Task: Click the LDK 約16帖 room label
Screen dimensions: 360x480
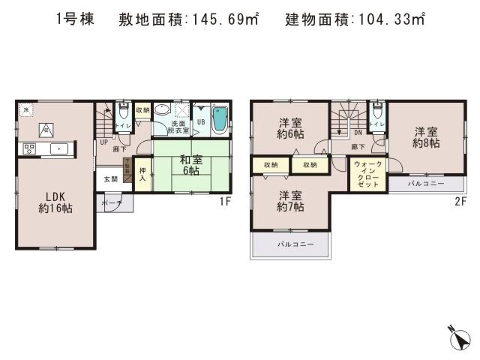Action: pyautogui.click(x=55, y=203)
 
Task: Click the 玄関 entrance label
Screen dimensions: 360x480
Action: pyautogui.click(x=110, y=178)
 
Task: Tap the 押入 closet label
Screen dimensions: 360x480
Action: pyautogui.click(x=142, y=178)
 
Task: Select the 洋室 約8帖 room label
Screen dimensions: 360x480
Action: pyautogui.click(x=424, y=138)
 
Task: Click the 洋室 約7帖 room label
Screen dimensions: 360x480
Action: pyautogui.click(x=290, y=198)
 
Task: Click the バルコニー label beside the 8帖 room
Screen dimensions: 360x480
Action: pyautogui.click(x=426, y=182)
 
